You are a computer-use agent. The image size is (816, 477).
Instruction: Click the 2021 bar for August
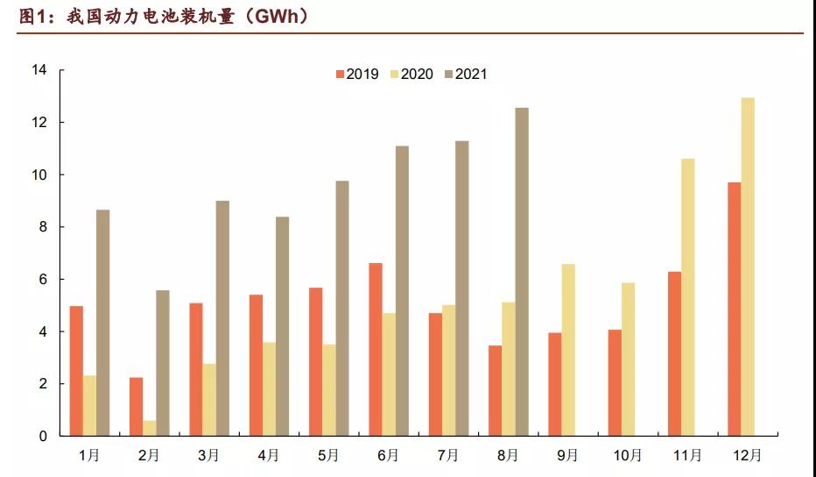click(522, 272)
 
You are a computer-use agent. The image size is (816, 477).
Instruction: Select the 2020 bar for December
click(748, 267)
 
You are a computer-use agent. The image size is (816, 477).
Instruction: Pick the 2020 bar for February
click(150, 428)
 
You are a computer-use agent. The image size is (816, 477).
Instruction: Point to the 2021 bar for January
click(102, 323)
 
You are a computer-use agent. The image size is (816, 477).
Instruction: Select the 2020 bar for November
click(688, 297)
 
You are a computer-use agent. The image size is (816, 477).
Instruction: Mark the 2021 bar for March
click(222, 318)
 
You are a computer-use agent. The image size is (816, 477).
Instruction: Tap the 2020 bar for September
click(568, 349)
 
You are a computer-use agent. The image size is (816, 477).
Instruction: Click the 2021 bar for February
click(163, 363)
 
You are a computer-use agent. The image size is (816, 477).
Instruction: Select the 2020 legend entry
click(410, 75)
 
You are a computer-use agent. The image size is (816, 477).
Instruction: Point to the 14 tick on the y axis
click(39, 69)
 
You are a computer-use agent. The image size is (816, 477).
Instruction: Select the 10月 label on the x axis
click(628, 456)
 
